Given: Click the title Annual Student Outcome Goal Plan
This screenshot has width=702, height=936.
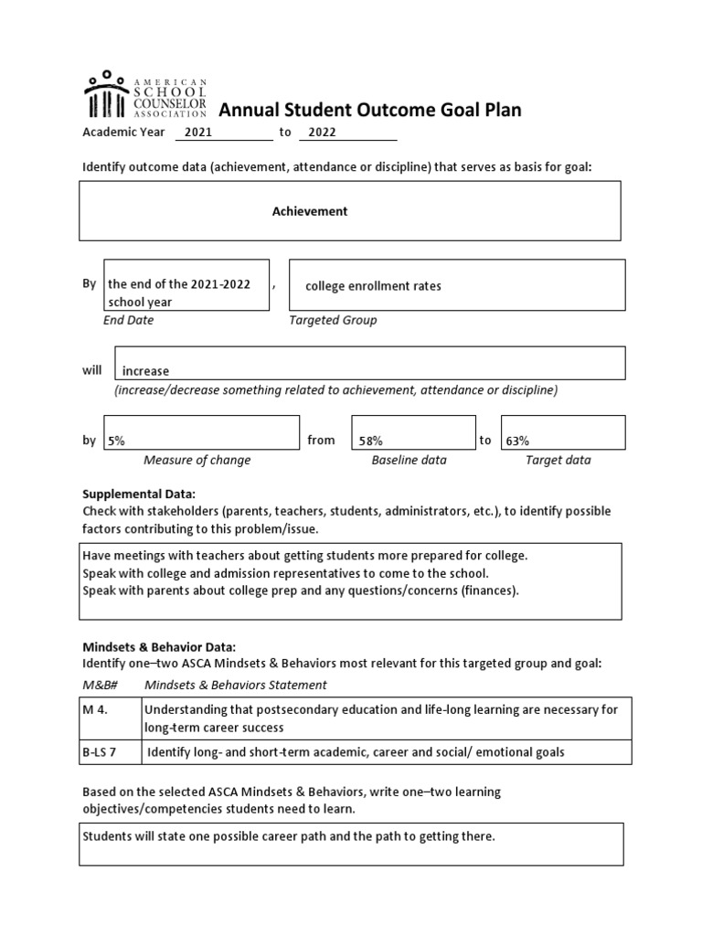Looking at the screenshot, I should [369, 111].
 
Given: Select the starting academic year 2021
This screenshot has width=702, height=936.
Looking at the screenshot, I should [197, 133].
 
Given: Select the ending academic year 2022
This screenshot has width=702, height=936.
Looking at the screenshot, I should [322, 133].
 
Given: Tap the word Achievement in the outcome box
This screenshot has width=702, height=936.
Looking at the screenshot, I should [310, 211].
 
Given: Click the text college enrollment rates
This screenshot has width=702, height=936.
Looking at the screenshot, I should [373, 286].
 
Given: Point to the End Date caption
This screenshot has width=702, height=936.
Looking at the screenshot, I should [129, 321].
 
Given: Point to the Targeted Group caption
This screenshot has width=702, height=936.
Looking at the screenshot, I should [333, 321].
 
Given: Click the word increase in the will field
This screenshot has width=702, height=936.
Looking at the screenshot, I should [146, 371].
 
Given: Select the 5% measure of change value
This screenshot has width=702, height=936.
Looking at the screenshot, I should [116, 441].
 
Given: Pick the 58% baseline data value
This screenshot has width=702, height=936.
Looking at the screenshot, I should [370, 441].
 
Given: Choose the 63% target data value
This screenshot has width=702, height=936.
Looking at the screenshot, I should [517, 441].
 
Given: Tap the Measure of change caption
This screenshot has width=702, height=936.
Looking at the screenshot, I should [197, 461].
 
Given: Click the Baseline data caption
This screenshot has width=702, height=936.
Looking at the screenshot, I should [409, 461].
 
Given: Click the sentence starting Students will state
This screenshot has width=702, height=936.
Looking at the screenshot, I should [289, 836].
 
